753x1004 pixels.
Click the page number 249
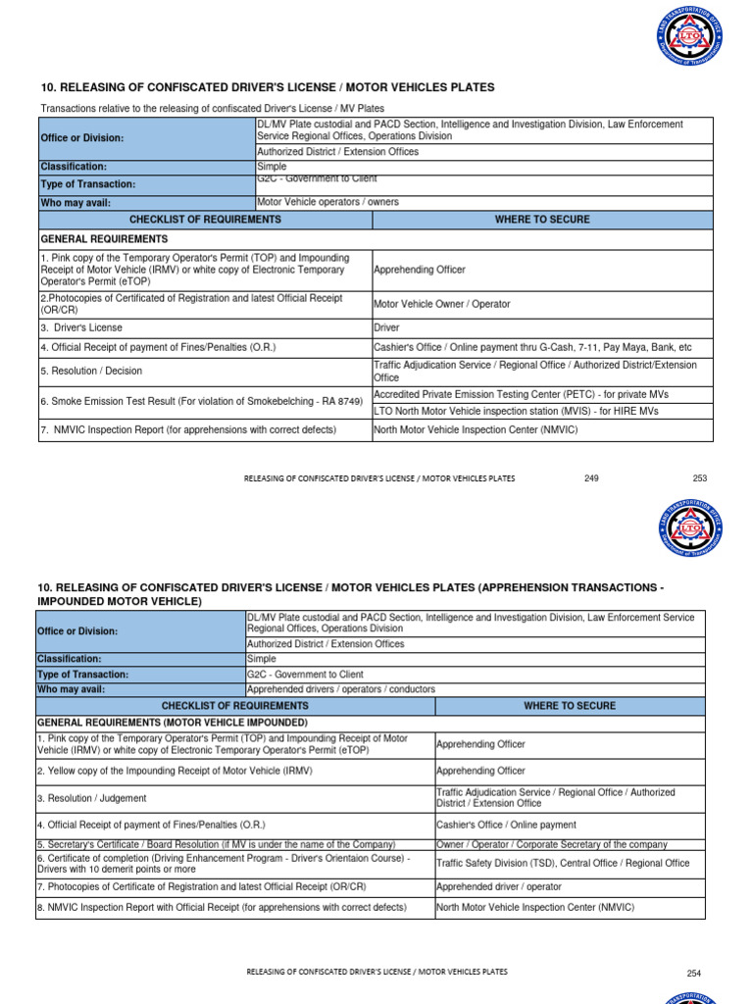pyautogui.click(x=591, y=478)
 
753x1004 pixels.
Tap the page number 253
pyautogui.click(x=699, y=478)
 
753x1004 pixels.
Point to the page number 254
pyautogui.click(x=695, y=972)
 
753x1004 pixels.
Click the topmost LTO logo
pyautogui.click(x=691, y=37)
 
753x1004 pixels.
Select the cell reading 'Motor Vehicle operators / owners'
pyautogui.click(x=327, y=202)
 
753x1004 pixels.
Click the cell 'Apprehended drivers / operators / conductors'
pyautogui.click(x=341, y=689)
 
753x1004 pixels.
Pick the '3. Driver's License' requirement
pyautogui.click(x=81, y=327)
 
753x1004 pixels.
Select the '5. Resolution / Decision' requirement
pyautogui.click(x=91, y=371)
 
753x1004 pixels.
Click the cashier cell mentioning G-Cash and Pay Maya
pyautogui.click(x=532, y=347)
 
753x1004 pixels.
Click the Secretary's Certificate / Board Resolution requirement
pyautogui.click(x=216, y=844)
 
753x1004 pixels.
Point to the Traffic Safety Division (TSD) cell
pyautogui.click(x=563, y=863)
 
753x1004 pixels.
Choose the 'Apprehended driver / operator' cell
pyautogui.click(x=499, y=885)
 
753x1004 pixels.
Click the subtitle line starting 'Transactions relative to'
pyautogui.click(x=213, y=108)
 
